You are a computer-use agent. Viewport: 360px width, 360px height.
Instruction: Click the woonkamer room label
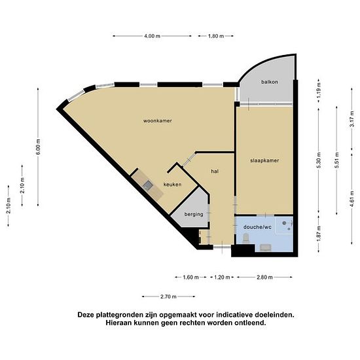158,121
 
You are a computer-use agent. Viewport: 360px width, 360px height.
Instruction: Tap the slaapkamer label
264,160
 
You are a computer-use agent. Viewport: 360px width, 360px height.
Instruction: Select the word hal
215,171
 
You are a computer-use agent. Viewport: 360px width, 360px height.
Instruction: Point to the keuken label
172,185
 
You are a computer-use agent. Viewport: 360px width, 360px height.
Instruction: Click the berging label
194,215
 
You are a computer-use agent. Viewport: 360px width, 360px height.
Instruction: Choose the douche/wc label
257,227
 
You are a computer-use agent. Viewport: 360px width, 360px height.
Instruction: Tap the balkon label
270,82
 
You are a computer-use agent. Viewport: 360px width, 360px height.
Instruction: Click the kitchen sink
147,185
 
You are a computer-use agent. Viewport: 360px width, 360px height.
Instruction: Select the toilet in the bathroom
245,238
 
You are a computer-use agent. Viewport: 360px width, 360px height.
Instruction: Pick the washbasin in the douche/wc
265,247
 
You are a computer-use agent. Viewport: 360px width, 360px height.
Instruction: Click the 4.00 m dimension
153,36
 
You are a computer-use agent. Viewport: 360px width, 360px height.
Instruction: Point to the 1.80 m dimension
216,36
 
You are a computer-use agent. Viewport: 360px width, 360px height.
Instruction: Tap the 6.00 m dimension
38,147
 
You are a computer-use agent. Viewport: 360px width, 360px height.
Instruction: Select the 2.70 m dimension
168,297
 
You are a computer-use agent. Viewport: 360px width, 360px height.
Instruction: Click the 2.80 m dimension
264,278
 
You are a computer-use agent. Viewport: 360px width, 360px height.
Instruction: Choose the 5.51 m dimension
337,160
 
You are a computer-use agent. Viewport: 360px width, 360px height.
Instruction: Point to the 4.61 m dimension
352,199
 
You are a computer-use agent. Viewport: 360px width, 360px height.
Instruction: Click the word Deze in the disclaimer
86,315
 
